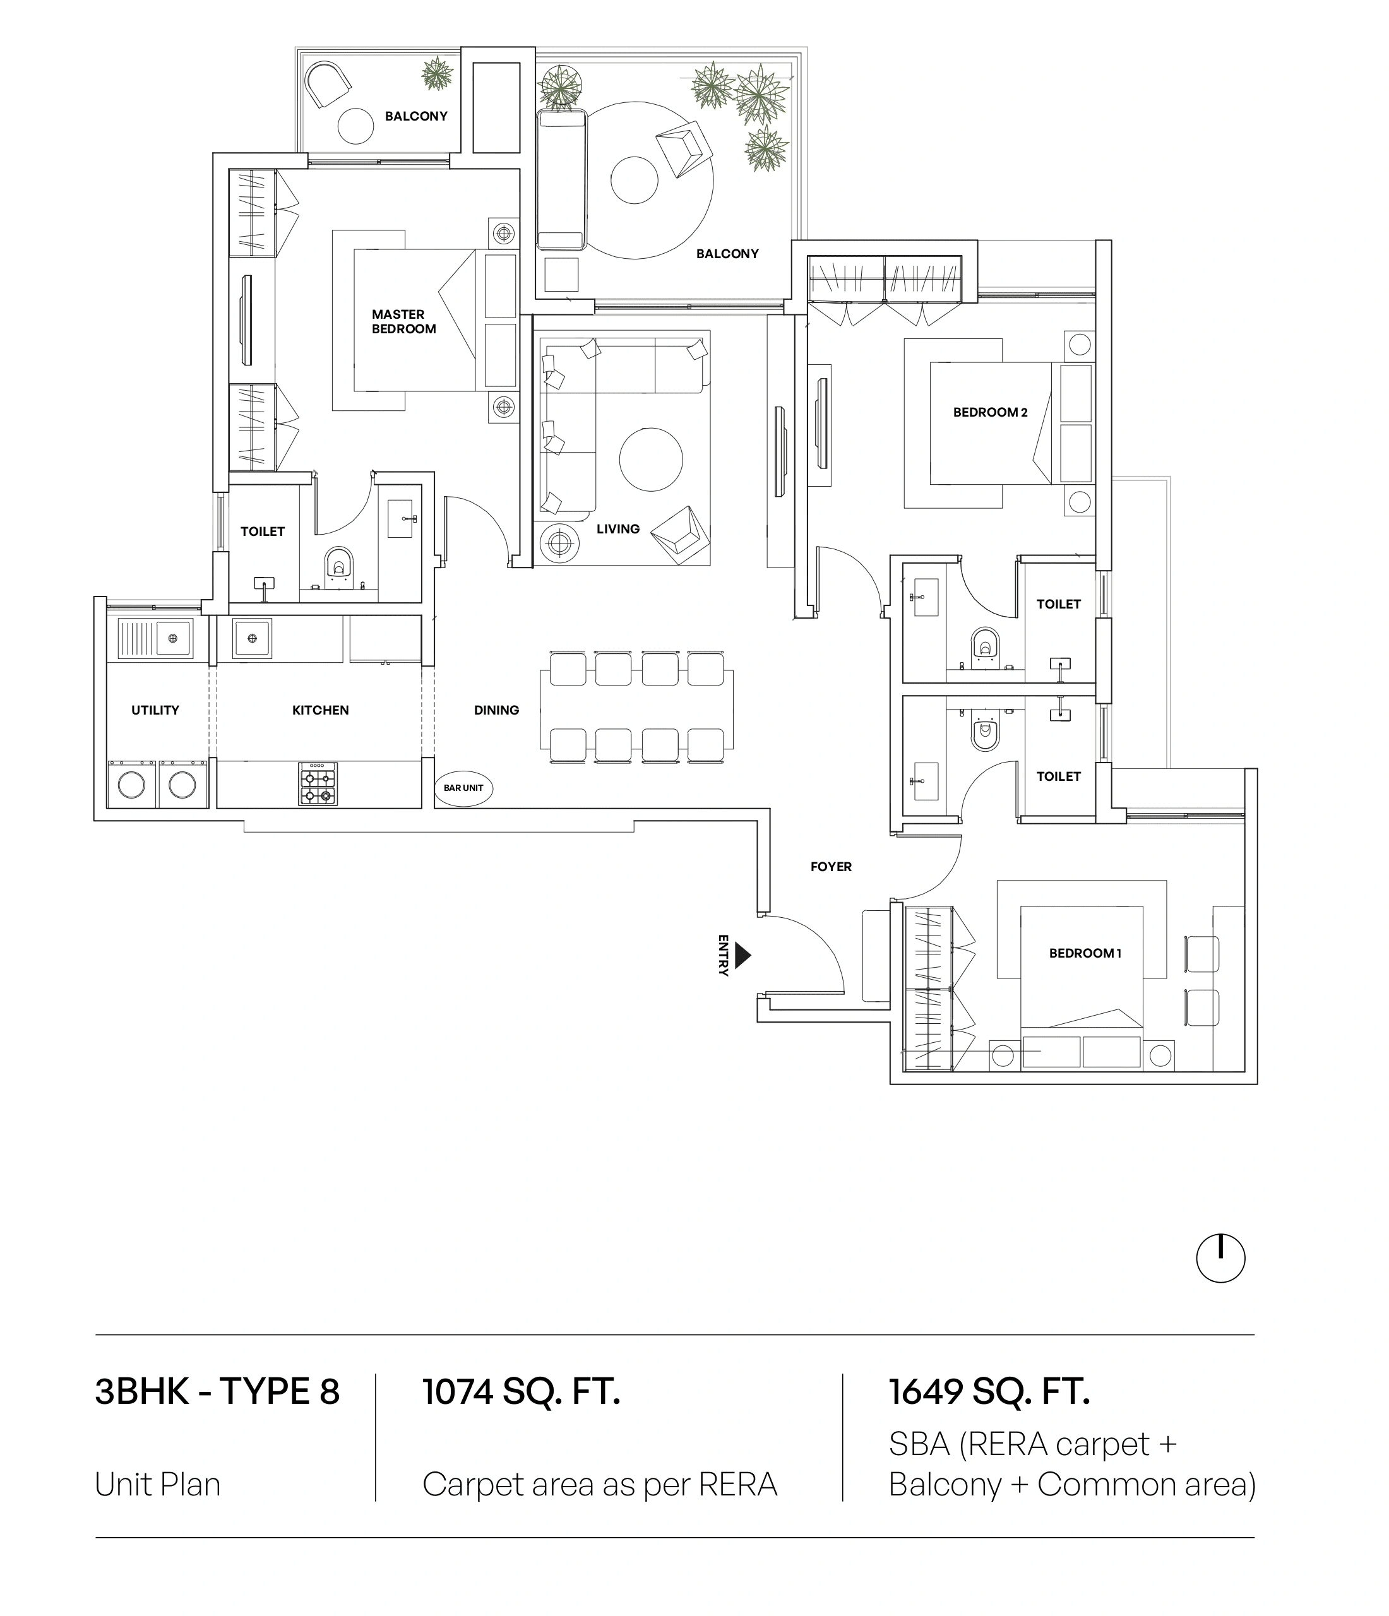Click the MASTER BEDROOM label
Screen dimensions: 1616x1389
click(x=403, y=321)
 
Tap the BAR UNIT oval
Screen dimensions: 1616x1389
click(x=463, y=788)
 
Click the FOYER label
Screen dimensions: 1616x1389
click(x=831, y=867)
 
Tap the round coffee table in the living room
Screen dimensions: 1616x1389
click(x=650, y=460)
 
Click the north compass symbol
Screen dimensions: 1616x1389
click(x=1220, y=1258)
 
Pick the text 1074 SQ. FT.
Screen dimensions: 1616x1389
click(x=521, y=1392)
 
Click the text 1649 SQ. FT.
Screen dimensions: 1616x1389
click(x=989, y=1392)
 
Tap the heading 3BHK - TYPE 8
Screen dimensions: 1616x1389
click(x=217, y=1392)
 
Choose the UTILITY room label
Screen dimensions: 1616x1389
click(x=155, y=710)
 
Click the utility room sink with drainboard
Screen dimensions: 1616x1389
click(x=155, y=638)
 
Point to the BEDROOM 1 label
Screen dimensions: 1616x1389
click(x=1085, y=953)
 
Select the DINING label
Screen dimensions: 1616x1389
click(x=496, y=710)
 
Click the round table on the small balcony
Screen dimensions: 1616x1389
click(x=355, y=125)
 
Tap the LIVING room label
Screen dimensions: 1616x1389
click(x=617, y=529)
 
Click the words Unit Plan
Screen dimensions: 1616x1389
click(x=158, y=1484)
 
